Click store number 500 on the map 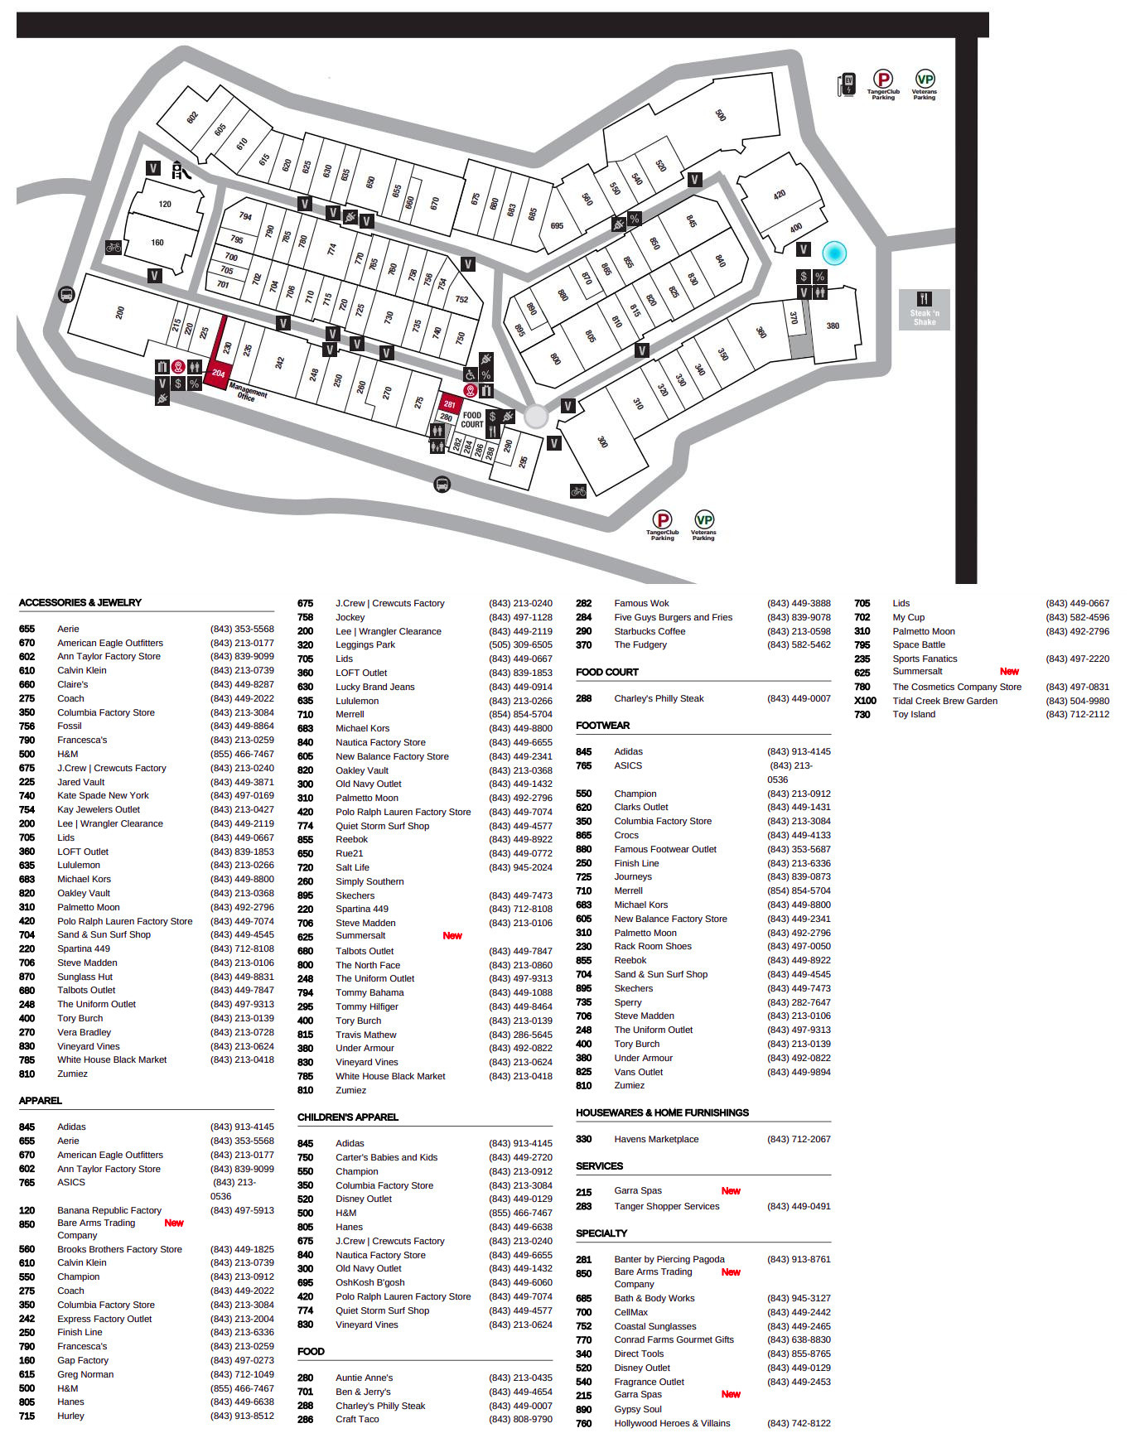coord(720,115)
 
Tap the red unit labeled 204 coord(218,374)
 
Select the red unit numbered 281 coord(449,404)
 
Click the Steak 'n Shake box coord(924,310)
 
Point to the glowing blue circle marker coord(833,253)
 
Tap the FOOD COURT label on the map coord(472,420)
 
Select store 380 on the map coord(833,326)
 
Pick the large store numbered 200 coord(120,312)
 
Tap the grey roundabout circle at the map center coord(536,416)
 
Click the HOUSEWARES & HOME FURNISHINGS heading coord(662,1112)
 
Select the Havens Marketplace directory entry coord(656,1139)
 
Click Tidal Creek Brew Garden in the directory coord(944,701)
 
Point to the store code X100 coord(865,701)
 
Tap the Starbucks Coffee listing coord(650,631)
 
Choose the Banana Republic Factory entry coord(109,1210)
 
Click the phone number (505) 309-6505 coord(520,644)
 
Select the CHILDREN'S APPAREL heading coord(348,1117)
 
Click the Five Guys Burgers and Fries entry coord(673,617)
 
